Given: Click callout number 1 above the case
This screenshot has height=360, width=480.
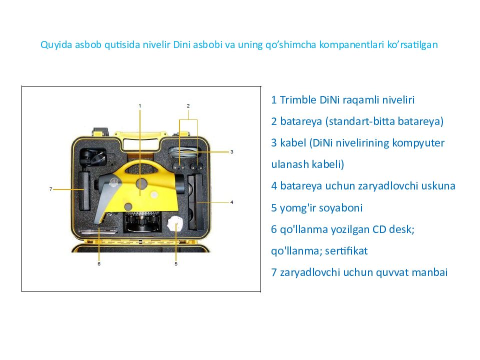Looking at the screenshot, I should click(x=140, y=105).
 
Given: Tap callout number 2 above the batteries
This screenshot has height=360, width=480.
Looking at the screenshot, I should click(x=188, y=105).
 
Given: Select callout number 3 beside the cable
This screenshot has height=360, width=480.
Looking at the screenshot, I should click(x=231, y=151).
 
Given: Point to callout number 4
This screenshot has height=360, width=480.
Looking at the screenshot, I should click(x=231, y=202).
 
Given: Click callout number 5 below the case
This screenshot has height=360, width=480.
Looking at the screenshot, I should click(x=176, y=263).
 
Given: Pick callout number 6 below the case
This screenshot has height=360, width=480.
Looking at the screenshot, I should click(x=99, y=263).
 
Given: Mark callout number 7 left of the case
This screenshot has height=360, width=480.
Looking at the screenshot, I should click(x=51, y=189).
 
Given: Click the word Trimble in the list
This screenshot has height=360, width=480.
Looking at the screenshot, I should click(x=298, y=100).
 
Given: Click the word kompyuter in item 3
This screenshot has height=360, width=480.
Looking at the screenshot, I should click(x=419, y=143).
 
